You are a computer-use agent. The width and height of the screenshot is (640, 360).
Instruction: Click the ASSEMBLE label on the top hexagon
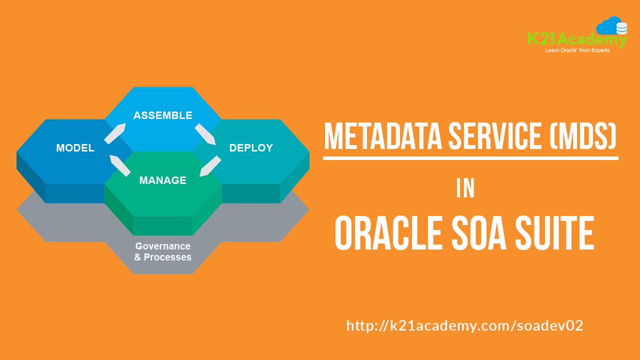[163, 116]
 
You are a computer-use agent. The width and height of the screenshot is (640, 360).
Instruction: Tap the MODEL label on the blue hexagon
[75, 148]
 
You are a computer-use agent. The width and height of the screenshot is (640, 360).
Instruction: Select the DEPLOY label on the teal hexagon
[251, 148]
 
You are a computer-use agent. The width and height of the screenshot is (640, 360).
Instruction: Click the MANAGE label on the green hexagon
[163, 180]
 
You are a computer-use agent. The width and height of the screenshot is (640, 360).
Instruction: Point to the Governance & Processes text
[163, 252]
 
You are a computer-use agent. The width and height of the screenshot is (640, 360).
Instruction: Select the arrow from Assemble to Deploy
[205, 134]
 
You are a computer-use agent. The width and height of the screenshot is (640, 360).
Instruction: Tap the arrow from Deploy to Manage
[210, 166]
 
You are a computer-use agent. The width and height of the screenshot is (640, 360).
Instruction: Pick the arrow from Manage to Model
[120, 165]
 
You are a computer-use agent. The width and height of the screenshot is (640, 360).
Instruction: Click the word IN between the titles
[466, 189]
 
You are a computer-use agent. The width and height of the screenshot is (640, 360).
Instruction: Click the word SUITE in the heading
[557, 235]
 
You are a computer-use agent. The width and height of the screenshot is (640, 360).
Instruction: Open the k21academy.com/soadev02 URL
[465, 325]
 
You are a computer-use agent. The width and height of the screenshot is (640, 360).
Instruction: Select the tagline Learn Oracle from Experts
[577, 51]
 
